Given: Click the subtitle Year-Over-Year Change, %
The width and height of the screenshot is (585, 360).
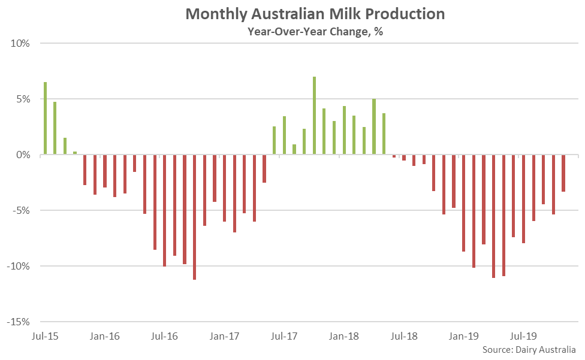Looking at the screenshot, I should click(x=315, y=32).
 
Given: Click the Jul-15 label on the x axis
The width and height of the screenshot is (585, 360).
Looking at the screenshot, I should click(x=45, y=337).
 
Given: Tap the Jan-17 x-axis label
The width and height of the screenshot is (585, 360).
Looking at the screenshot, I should click(x=225, y=337).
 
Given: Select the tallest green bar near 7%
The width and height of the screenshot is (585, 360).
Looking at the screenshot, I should click(x=314, y=116).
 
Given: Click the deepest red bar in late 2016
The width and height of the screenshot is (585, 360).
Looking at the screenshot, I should click(x=195, y=217).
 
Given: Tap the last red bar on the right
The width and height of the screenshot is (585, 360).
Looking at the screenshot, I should click(x=563, y=173).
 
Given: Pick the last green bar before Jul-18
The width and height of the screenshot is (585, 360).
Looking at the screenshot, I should click(x=384, y=134).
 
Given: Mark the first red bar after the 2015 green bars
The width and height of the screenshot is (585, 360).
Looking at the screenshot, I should click(x=85, y=170).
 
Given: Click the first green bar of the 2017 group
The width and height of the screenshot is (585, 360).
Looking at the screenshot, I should click(x=274, y=140).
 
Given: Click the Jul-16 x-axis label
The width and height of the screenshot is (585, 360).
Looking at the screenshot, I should click(x=165, y=337).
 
